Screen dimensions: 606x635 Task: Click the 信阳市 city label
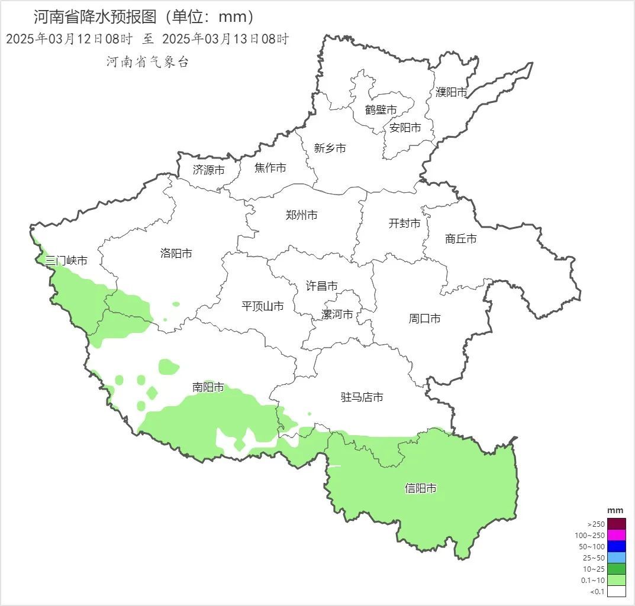tap(421, 488)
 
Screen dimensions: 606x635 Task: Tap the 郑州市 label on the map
tap(301, 215)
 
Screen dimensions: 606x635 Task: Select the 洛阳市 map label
tap(176, 253)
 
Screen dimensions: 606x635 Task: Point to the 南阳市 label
tap(208, 387)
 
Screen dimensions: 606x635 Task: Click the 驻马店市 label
tap(362, 397)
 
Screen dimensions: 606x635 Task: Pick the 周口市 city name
tap(425, 318)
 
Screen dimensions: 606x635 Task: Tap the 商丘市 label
tap(461, 239)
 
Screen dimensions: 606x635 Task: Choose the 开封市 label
tap(405, 223)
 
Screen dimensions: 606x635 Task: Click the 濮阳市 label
tap(452, 92)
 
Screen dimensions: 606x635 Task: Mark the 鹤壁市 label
tap(381, 109)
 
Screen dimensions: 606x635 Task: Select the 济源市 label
tap(209, 170)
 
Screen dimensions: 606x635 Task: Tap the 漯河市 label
tap(337, 314)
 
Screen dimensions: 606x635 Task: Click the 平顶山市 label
tap(263, 306)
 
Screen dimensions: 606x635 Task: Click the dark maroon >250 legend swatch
tap(616, 524)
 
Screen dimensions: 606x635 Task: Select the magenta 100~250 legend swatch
tap(616, 535)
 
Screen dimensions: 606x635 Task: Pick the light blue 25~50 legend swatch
tap(616, 558)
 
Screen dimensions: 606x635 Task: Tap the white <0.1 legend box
tap(616, 591)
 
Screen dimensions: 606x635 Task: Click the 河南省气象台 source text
tap(147, 62)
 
